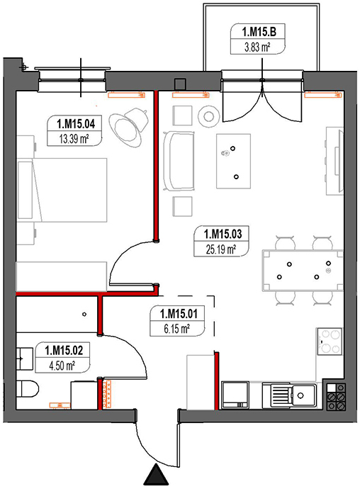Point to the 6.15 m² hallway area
(177, 328)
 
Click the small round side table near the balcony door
(209, 115)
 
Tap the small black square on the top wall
(181, 84)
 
